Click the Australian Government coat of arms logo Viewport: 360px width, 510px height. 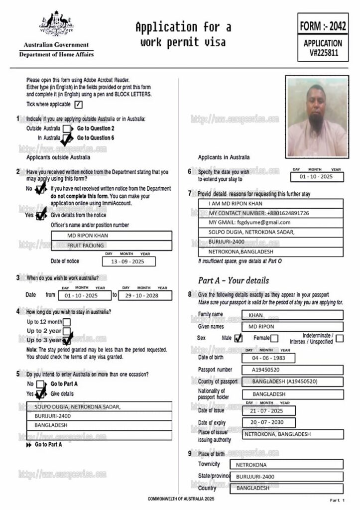[56, 23]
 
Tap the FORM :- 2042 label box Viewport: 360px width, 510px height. [323, 25]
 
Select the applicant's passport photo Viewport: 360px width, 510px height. [317, 117]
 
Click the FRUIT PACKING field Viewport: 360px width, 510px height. [86, 246]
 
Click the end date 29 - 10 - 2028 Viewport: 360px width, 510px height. [145, 295]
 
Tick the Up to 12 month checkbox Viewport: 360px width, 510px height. [67, 322]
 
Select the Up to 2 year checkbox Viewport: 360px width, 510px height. [66, 331]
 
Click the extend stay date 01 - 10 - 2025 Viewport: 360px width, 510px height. [318, 177]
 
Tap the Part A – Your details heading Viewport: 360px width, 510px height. [233, 280]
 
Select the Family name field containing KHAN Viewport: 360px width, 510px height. [292, 315]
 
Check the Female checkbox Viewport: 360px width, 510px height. [274, 339]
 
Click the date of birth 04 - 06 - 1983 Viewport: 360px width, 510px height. [269, 358]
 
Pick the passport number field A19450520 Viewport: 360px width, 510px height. [292, 370]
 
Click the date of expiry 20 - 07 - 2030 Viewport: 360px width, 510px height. [269, 423]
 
